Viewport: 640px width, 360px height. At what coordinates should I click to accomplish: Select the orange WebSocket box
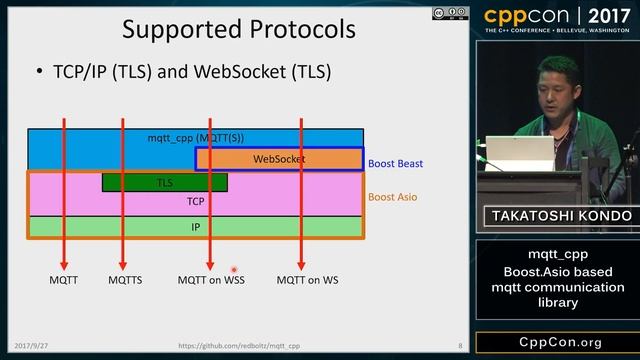(x=279, y=159)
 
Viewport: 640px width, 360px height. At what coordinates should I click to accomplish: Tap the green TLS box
(x=164, y=182)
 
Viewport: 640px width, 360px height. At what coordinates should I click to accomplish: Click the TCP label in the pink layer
(x=196, y=201)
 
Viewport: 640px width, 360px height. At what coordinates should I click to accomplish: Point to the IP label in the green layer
(x=196, y=227)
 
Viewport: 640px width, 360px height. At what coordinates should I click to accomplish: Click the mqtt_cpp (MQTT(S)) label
(x=196, y=136)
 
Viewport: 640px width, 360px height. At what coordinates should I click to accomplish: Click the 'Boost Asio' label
(x=393, y=197)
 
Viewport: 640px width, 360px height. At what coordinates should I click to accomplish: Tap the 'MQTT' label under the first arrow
(x=64, y=280)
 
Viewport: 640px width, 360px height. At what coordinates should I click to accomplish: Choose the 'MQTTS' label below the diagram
(x=125, y=280)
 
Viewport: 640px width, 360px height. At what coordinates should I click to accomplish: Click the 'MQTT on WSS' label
(x=211, y=280)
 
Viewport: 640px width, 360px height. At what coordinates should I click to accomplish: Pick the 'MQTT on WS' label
(x=307, y=280)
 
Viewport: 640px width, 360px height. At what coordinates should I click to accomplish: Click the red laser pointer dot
(x=234, y=269)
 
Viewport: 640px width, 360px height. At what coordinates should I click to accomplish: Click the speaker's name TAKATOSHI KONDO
(x=558, y=216)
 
